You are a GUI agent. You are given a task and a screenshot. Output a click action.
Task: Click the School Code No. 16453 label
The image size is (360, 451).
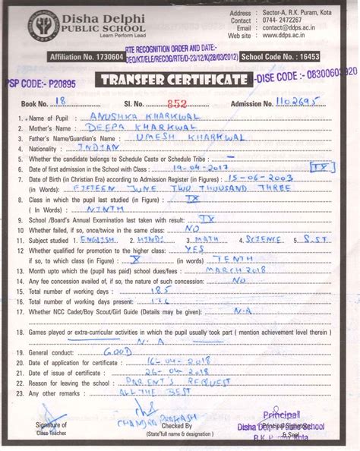click(302, 57)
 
